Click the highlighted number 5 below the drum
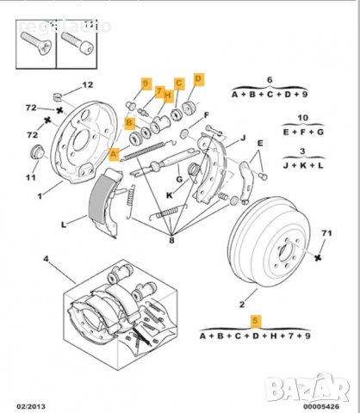click(254, 320)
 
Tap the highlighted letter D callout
click(199, 79)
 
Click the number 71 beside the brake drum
click(326, 232)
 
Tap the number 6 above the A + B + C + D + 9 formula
click(269, 78)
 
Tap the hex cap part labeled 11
click(37, 152)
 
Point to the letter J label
click(244, 137)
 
